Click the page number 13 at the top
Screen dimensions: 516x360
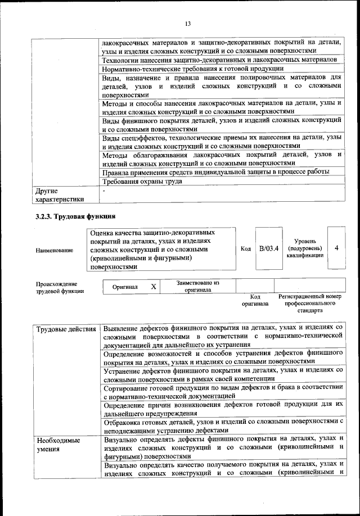point(187,23)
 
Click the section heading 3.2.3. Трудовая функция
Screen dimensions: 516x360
point(75,216)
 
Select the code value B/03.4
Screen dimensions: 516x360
point(268,248)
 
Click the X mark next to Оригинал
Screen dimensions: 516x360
point(153,287)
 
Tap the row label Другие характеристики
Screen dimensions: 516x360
point(59,194)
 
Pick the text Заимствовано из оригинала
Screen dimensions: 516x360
point(197,287)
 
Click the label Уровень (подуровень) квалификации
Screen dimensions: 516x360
point(305,248)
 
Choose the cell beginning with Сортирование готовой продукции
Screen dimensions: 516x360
point(223,392)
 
